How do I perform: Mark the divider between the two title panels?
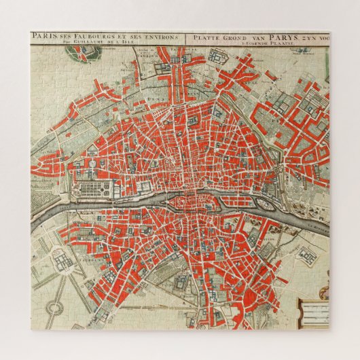[x=187, y=40]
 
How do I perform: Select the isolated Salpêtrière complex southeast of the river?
[x=306, y=257]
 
